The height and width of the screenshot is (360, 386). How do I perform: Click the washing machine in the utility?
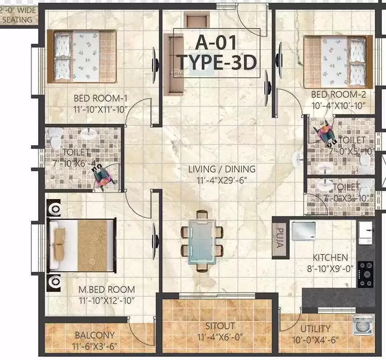[x=363, y=325]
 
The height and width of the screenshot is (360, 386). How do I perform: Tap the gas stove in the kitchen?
[x=366, y=274]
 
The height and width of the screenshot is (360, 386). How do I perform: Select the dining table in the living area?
[x=202, y=241]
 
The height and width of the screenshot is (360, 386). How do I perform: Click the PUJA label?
[x=280, y=238]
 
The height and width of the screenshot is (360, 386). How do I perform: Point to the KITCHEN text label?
[x=330, y=257]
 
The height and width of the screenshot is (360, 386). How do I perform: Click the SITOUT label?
[x=220, y=326]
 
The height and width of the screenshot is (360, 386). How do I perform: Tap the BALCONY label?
[x=95, y=335]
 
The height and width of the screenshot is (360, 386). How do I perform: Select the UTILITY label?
[x=315, y=329]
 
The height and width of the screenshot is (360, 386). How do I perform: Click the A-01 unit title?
[x=216, y=43]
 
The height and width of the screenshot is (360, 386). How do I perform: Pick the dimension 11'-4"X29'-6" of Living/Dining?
[x=222, y=180]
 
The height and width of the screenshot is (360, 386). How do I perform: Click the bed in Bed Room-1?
[x=82, y=56]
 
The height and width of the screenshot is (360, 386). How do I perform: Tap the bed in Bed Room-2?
[x=338, y=62]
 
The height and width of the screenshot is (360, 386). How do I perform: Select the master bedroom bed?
[x=81, y=245]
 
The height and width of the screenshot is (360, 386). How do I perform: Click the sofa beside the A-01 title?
[x=173, y=65]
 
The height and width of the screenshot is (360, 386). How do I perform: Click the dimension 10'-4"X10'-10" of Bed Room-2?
[x=338, y=106]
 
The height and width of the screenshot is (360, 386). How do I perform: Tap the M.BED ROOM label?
[x=107, y=290]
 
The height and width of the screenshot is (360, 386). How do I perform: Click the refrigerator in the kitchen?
[x=303, y=231]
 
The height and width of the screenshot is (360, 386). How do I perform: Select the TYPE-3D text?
[x=217, y=62]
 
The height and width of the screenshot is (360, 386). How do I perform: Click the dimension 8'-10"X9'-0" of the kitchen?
[x=330, y=268]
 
